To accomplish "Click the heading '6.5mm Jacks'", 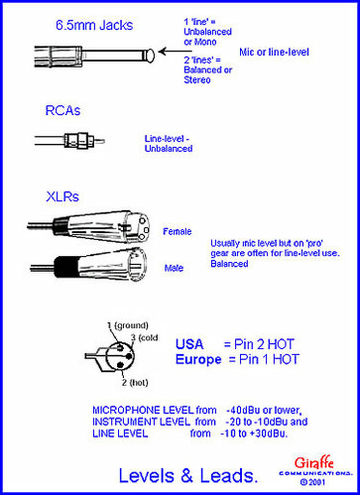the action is (94, 26).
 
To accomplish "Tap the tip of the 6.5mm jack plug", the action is (151, 56).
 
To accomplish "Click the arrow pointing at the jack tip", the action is (175, 52).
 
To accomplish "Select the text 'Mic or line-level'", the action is (274, 52).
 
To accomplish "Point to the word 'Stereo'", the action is (197, 79).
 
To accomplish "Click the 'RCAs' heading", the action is (62, 110).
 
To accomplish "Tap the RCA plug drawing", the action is (69, 141).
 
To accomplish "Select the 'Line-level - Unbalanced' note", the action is (169, 144).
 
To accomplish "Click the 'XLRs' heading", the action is (62, 196).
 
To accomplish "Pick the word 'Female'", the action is (178, 231).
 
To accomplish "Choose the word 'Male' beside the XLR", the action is (174, 268).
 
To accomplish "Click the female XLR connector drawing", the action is (88, 227).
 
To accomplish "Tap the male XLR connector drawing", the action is (88, 265).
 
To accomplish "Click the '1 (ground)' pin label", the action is (128, 325).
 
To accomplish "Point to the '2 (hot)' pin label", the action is (135, 383).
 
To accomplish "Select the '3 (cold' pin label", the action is (144, 337).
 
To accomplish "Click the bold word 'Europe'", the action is (198, 359).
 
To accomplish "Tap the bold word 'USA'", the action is (189, 344).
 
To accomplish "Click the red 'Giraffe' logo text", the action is (313, 462).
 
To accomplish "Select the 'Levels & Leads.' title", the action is (188, 475).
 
